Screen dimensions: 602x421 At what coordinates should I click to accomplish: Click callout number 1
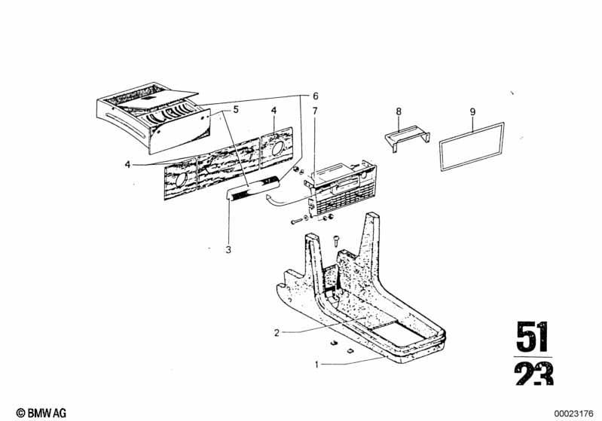[x=316, y=365]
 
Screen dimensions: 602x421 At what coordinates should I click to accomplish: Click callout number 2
[x=277, y=333]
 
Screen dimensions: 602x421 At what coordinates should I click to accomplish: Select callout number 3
[x=228, y=250]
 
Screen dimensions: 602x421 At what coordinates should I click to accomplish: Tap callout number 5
[x=236, y=109]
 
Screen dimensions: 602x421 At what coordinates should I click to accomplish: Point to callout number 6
[x=315, y=96]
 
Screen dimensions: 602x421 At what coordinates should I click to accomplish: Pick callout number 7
[x=315, y=111]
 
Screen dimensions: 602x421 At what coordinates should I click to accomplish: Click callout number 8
[x=399, y=111]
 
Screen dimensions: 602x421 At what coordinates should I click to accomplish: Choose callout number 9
[x=472, y=111]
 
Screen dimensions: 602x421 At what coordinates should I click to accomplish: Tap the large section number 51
[x=533, y=337]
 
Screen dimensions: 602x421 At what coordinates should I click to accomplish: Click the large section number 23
[x=534, y=374]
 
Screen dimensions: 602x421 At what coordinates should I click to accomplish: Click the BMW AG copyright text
[x=41, y=413]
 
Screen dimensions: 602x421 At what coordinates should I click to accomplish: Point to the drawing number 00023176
[x=573, y=413]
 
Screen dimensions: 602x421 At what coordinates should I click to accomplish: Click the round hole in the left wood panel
[x=180, y=179]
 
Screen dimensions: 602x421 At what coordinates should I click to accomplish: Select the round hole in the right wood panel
[x=277, y=148]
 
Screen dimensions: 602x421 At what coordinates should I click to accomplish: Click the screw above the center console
[x=336, y=241]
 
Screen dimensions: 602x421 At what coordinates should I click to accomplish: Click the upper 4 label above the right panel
[x=273, y=111]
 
